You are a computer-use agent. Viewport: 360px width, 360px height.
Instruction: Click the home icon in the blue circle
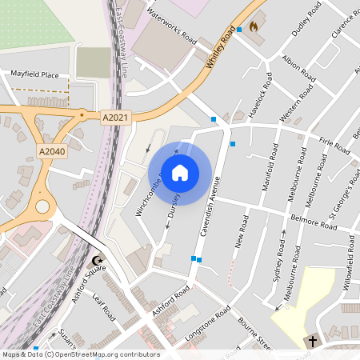tap(180, 173)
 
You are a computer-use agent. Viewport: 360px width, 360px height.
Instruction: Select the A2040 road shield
tap(51, 150)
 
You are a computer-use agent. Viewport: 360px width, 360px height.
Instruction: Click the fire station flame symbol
tap(254, 26)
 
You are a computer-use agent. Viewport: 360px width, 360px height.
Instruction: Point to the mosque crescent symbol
tap(98, 261)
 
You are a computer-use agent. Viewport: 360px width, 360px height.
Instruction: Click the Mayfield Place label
tap(34, 74)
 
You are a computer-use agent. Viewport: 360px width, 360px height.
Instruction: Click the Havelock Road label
tap(262, 95)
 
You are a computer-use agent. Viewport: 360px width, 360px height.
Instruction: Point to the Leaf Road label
tap(105, 308)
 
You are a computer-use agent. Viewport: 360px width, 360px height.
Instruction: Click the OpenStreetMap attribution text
tap(81, 354)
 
